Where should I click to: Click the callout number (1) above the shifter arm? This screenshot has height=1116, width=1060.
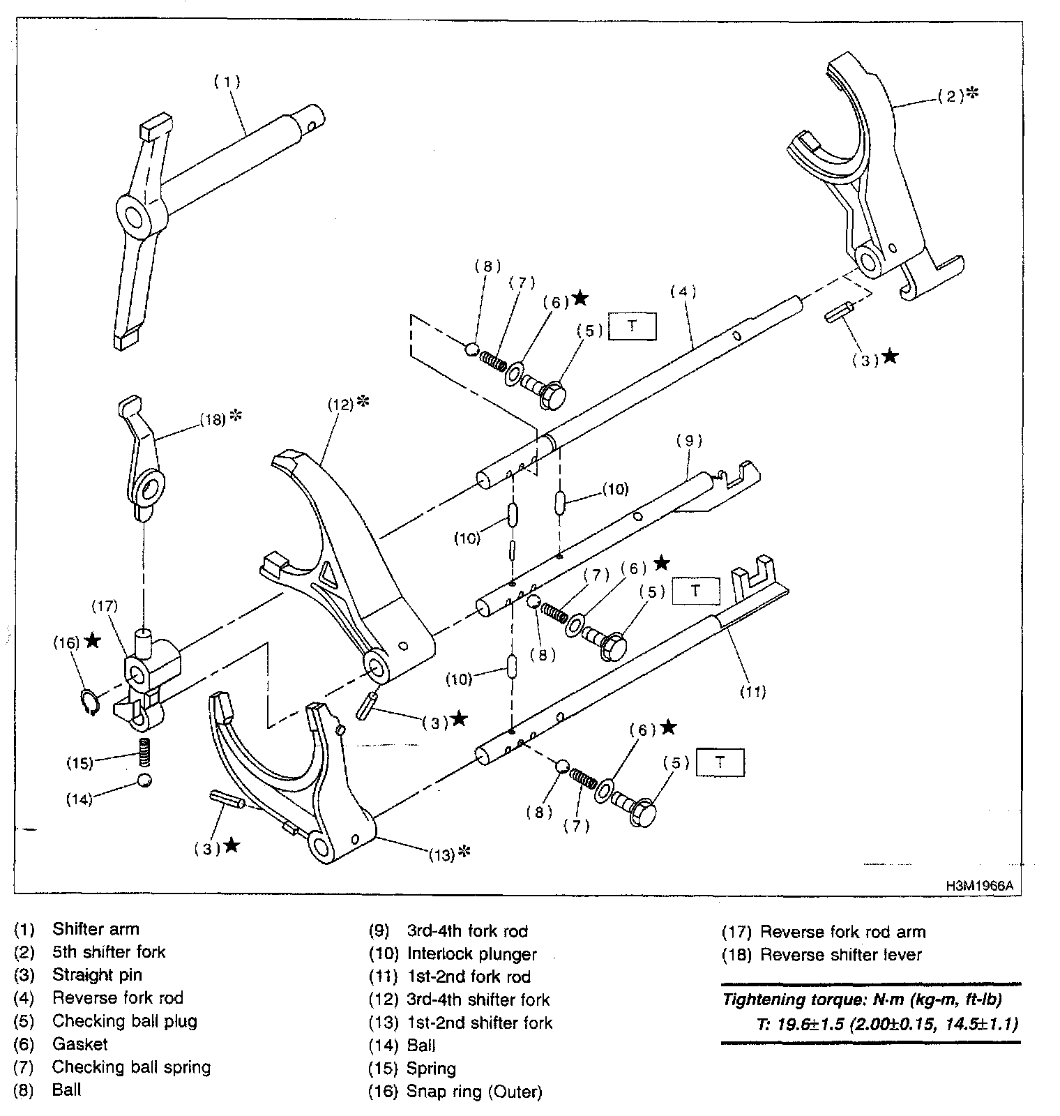(x=227, y=82)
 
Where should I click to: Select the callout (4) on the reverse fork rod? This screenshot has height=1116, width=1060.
(x=683, y=292)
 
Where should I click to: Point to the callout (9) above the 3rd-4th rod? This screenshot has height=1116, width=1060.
(x=689, y=440)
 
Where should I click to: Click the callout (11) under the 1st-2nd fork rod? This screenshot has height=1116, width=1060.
(x=752, y=691)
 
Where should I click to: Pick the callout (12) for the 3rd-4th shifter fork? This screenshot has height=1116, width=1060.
(x=341, y=404)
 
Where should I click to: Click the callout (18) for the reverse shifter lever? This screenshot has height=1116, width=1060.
(x=213, y=419)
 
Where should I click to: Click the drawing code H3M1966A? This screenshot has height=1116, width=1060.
(x=978, y=886)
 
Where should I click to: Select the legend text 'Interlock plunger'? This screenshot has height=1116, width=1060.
(x=471, y=953)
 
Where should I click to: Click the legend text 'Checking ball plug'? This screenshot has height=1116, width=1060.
(x=124, y=1021)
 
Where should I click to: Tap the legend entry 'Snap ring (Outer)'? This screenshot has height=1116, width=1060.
(x=474, y=1092)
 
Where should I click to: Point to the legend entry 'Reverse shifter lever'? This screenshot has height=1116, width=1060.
(x=840, y=954)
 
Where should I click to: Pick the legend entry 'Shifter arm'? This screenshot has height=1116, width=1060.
(x=96, y=929)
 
